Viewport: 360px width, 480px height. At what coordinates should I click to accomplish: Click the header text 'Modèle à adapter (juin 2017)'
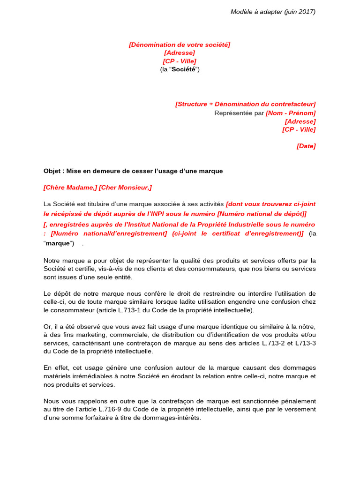tap(273, 12)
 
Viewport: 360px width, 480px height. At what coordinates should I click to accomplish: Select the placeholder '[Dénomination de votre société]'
tap(180, 45)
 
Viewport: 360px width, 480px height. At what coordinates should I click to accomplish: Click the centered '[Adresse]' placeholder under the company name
tap(180, 53)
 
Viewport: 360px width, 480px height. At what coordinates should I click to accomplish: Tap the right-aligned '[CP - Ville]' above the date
tap(299, 129)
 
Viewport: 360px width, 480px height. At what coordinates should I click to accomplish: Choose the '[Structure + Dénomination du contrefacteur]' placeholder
tap(245, 104)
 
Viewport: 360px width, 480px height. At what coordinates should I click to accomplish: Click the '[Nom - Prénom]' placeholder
tap(291, 112)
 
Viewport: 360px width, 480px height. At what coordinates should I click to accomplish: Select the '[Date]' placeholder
tap(306, 146)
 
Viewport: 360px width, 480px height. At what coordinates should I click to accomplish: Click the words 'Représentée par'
tap(239, 112)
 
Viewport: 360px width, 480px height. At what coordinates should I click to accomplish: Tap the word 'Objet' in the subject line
tap(52, 171)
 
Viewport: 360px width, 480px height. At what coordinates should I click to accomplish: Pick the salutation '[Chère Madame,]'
tap(70, 187)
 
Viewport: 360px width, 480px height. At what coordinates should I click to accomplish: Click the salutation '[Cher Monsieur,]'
tap(125, 187)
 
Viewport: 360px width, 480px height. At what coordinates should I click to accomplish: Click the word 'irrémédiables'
tap(94, 376)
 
